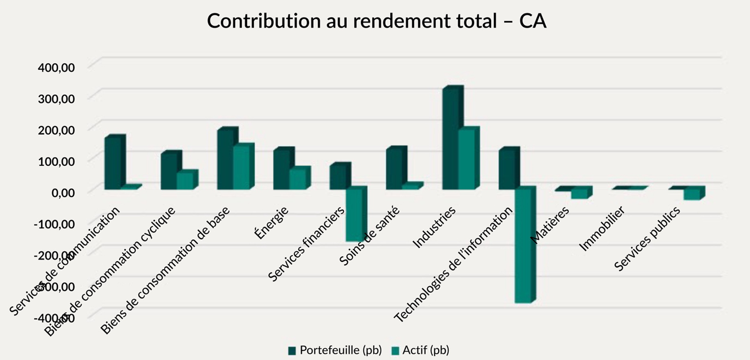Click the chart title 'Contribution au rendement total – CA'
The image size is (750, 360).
(376, 21)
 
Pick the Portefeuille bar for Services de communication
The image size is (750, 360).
(113, 163)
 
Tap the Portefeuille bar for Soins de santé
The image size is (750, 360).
(395, 169)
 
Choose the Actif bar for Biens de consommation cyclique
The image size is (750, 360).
(185, 181)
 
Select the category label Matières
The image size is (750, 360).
(550, 225)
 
